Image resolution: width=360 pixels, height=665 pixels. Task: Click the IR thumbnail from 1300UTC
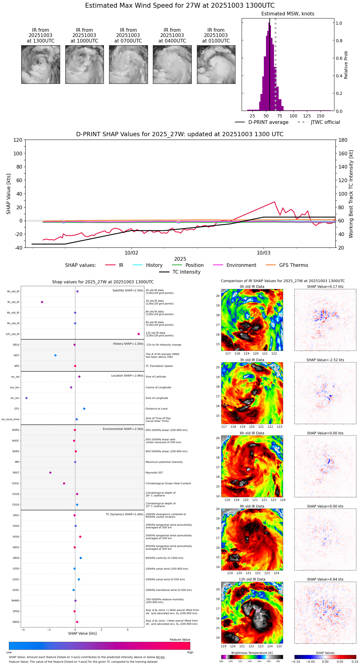pos(40,64)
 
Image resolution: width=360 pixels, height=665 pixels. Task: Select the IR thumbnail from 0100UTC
pos(216,64)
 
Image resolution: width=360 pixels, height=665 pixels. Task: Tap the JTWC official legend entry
pos(325,122)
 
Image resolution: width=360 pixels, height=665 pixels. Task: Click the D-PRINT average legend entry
pos(268,122)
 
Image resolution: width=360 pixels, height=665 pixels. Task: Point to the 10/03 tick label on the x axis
pos(264,253)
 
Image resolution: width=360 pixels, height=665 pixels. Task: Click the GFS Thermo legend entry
pos(293,265)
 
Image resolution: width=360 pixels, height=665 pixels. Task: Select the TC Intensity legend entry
pos(186,272)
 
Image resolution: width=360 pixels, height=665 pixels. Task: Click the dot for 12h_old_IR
pos(139,334)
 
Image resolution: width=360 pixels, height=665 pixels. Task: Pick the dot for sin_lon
pos(27,398)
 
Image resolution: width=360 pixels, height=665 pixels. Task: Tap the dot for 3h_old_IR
pos(42,302)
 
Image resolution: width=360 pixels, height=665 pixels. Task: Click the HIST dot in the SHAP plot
pos(55,355)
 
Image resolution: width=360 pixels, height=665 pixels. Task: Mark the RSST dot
pos(50,473)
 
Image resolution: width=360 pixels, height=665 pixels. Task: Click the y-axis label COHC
pos(15,483)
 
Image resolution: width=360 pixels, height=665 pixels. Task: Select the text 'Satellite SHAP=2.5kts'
pos(128,290)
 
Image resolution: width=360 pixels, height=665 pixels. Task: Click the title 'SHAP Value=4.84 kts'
pos(325,579)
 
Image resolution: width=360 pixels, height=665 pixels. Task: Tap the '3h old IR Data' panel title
pos(252,360)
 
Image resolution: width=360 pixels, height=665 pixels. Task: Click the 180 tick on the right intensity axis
pos(343,140)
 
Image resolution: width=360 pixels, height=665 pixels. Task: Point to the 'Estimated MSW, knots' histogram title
pos(288,14)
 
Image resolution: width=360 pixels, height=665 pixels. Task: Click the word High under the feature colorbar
pos(190,652)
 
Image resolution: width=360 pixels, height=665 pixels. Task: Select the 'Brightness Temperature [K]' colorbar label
pos(252,653)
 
